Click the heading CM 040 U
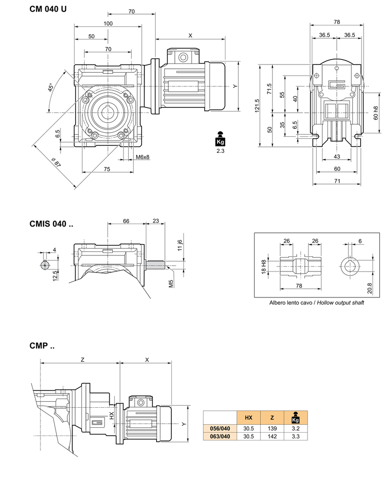48,9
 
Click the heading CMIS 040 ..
51,224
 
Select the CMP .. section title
42,346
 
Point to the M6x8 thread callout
142,157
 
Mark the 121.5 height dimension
257,105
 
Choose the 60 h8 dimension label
375,113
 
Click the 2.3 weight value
221,151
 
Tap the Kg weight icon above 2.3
221,139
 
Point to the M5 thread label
171,284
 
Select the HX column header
248,417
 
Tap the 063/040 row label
219,436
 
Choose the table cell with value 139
272,428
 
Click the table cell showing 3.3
295,436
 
